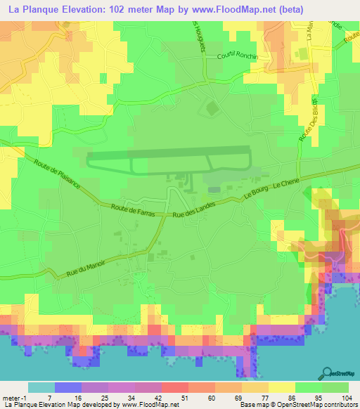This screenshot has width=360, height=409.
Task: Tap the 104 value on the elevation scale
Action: click(347, 397)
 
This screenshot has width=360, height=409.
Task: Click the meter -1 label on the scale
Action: click(15, 397)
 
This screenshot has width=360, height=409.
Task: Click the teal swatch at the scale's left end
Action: click(41, 387)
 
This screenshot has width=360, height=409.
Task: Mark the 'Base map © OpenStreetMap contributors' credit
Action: click(298, 405)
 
